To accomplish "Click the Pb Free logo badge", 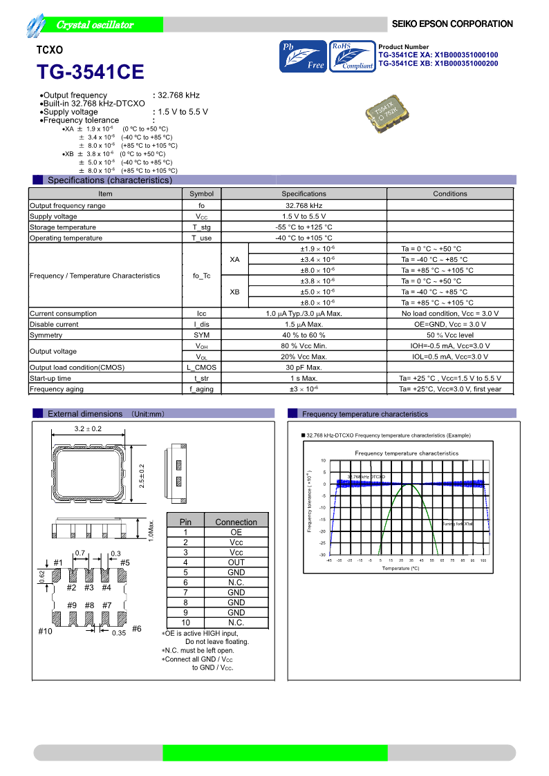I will click(x=303, y=57).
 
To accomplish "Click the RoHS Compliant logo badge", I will click(x=352, y=57).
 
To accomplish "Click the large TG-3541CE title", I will click(x=91, y=73).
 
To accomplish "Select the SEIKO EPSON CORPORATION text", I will click(x=452, y=24).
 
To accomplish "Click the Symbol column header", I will click(x=201, y=194).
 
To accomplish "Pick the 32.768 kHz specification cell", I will click(x=304, y=205).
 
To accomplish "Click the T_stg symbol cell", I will click(x=201, y=227).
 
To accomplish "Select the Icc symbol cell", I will click(x=201, y=314).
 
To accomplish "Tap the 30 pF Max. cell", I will click(x=304, y=368).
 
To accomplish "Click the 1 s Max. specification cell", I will click(x=304, y=379).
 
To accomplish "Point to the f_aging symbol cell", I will click(x=201, y=390).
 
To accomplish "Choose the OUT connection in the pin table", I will click(x=236, y=562).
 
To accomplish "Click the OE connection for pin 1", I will click(x=236, y=533).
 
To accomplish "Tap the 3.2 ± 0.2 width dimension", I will click(x=88, y=429).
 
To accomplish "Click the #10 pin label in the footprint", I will click(x=46, y=632).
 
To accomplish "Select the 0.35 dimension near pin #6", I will click(x=119, y=633).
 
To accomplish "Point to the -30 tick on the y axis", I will click(x=323, y=555).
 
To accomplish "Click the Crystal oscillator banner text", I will click(x=95, y=25).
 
